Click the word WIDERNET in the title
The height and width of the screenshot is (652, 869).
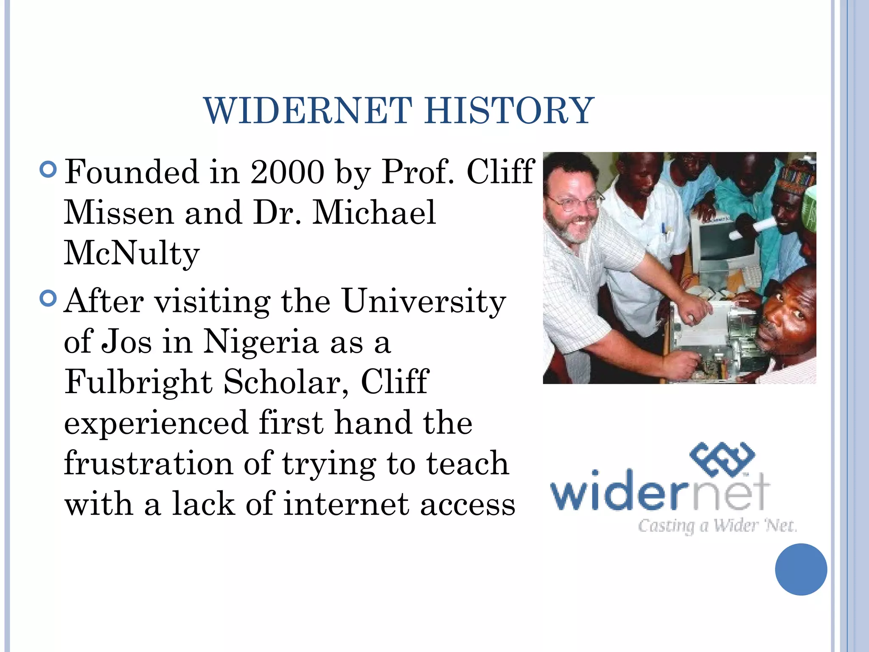click(x=308, y=111)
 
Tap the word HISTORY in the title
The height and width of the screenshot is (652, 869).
click(x=509, y=111)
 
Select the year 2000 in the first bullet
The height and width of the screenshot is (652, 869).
click(x=287, y=172)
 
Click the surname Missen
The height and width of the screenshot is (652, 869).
click(x=119, y=213)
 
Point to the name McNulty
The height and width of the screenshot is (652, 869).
click(x=132, y=254)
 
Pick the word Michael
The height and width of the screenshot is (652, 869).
click(x=374, y=213)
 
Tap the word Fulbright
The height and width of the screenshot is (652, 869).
click(x=138, y=382)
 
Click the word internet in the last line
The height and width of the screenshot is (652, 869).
click(x=346, y=504)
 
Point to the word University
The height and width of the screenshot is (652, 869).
click(x=424, y=301)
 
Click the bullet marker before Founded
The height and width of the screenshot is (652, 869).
click(x=48, y=169)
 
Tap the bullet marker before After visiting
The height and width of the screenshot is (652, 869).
click(x=48, y=298)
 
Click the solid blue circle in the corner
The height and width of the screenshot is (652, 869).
click(x=801, y=569)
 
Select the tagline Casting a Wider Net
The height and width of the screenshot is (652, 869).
click(x=717, y=526)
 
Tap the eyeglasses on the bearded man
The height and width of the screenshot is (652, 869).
click(x=575, y=201)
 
